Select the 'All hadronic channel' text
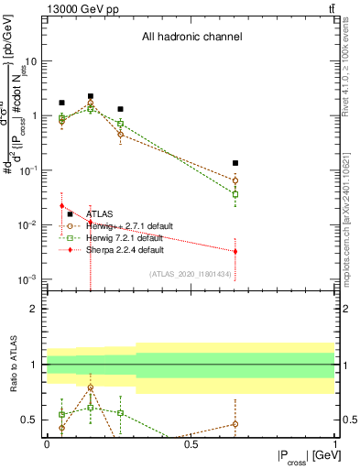coord(191,38)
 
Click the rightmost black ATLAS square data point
coord(235,163)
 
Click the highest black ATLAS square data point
coord(91,96)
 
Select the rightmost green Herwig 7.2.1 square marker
coord(235,194)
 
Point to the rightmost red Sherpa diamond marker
coord(235,251)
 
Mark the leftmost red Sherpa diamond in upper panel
coord(61,231)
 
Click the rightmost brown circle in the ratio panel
coord(235,424)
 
